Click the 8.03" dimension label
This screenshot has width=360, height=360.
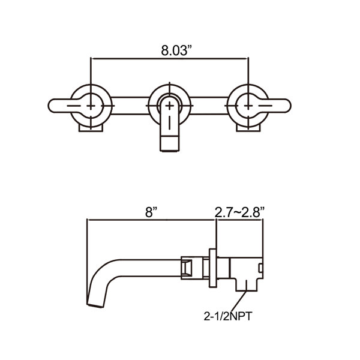pos(176,50)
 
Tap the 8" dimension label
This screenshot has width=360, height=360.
pos(151,212)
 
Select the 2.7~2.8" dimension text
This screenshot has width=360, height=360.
pos(239,212)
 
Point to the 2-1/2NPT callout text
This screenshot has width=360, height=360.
pos(228,316)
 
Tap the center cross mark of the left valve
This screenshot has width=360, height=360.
pos(91,106)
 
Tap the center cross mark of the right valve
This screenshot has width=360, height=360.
pos(248,106)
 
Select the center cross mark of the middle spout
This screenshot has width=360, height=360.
pos(169,106)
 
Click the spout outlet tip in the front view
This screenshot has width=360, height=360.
pos(169,144)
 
